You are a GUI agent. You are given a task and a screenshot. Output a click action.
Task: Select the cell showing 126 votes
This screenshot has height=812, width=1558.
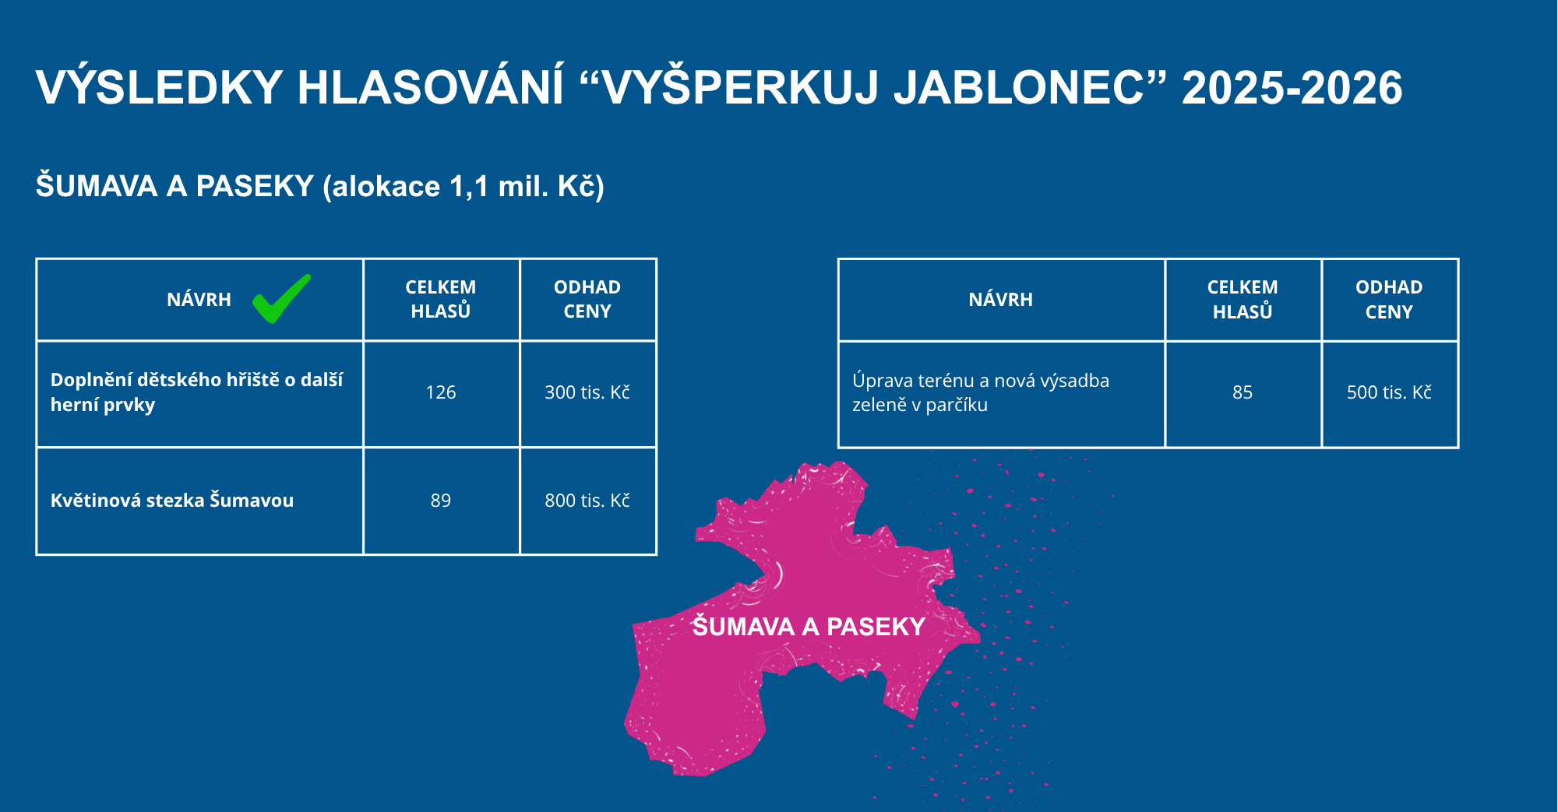(441, 392)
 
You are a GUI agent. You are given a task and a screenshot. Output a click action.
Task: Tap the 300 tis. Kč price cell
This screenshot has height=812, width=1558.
(587, 392)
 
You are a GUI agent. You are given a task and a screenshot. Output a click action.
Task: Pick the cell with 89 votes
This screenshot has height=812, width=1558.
(441, 501)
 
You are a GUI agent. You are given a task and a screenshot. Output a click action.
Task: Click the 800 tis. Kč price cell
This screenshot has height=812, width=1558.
(587, 501)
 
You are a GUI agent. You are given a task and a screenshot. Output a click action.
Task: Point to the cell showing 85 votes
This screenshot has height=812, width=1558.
(1243, 392)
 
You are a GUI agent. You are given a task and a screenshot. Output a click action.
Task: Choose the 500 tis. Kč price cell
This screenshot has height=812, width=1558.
(1389, 392)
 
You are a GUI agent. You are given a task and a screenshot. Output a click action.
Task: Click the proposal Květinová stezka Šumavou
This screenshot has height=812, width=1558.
(172, 501)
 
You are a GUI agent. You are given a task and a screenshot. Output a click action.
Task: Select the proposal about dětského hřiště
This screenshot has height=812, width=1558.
(196, 392)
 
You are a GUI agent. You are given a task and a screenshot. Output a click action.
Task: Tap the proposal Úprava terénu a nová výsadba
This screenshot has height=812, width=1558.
(981, 392)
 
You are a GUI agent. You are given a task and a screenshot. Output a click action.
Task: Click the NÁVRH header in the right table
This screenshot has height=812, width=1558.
(1001, 300)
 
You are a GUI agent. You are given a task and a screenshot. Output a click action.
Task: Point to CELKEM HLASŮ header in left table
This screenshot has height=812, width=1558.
(441, 299)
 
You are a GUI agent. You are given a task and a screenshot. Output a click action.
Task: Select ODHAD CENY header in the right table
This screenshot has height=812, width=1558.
(1389, 300)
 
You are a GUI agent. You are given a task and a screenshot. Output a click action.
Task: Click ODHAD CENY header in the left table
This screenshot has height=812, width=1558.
(587, 299)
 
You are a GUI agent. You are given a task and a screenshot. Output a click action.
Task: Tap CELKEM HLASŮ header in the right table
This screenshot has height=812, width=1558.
(1243, 300)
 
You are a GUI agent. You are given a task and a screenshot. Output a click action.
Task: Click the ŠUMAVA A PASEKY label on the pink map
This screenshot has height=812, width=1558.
(809, 627)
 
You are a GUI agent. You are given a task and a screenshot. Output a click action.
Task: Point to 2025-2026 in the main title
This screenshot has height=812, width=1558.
(1292, 87)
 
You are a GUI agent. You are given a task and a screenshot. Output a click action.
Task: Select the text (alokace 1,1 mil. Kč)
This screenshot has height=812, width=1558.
(464, 187)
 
